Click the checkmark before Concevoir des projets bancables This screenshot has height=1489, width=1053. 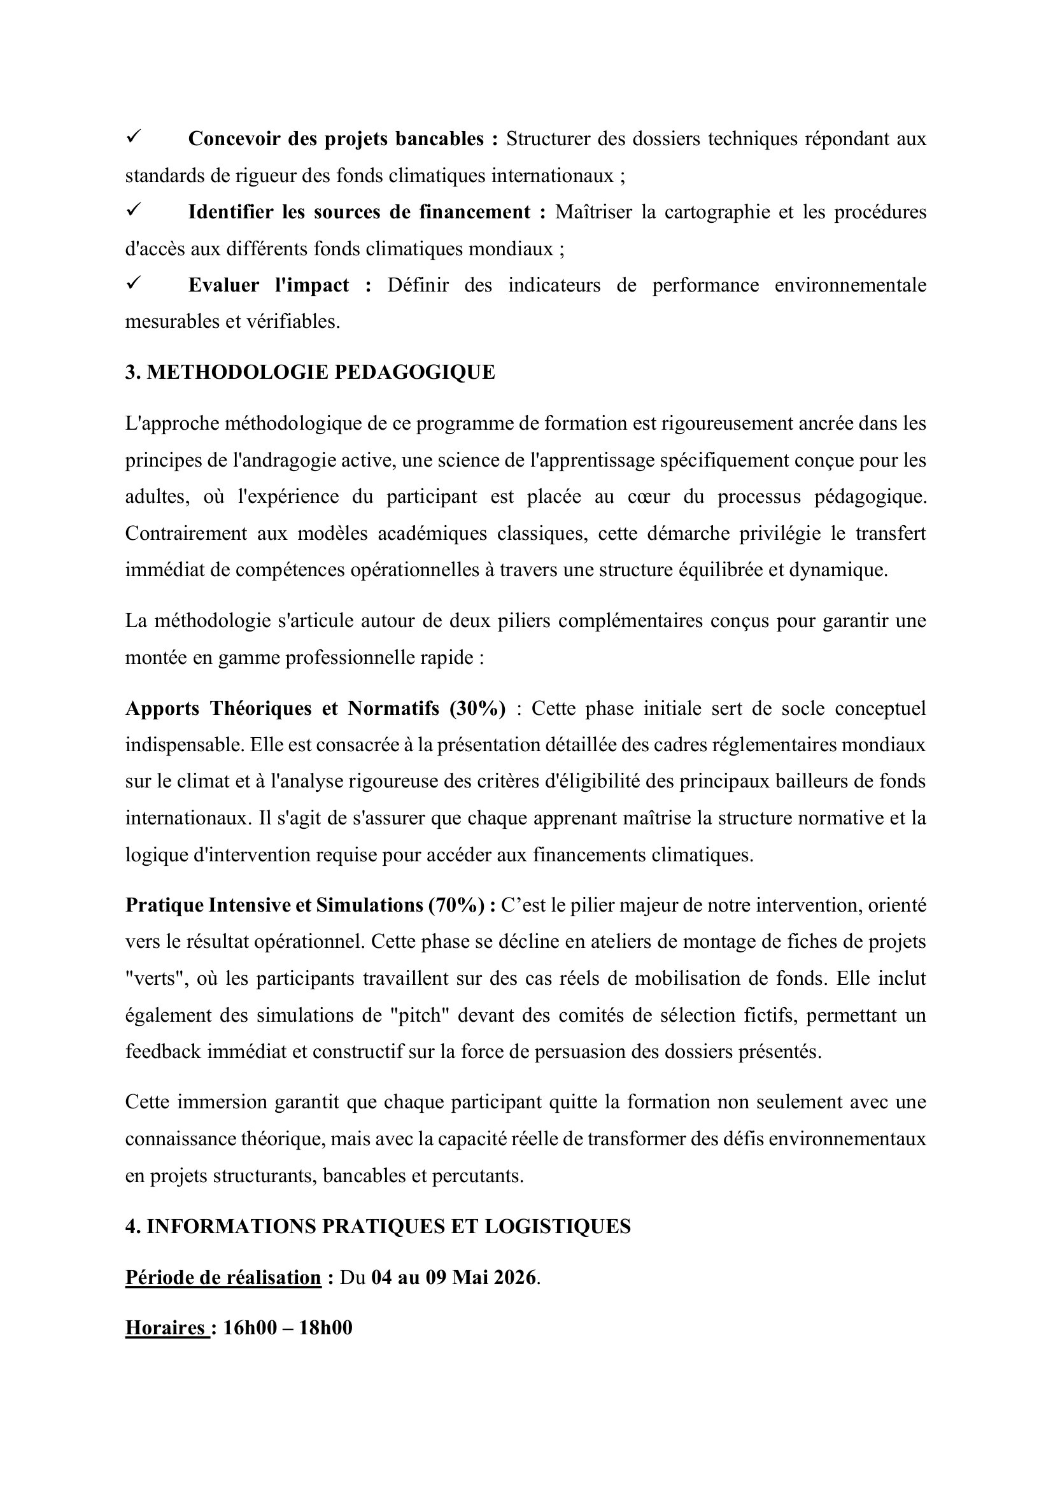[134, 137]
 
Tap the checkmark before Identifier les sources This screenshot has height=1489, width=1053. [134, 210]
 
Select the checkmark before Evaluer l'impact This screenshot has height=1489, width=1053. [134, 283]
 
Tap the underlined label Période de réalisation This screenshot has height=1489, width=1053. [223, 1278]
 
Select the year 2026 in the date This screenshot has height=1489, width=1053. [515, 1278]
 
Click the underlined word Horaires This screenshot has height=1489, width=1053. [165, 1328]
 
